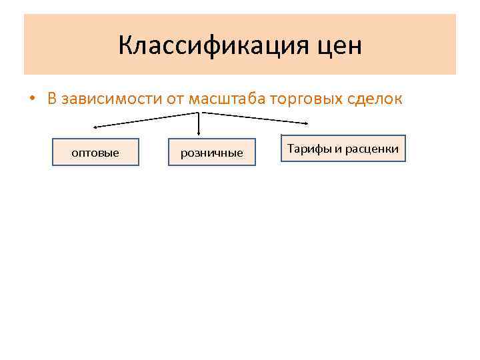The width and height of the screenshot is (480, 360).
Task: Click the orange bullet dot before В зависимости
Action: point(31,100)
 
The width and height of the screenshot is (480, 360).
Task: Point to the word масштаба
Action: point(228,99)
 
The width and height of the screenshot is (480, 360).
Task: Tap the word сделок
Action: point(375,99)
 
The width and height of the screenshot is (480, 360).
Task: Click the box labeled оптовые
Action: point(95,152)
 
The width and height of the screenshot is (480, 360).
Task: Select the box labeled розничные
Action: point(212,152)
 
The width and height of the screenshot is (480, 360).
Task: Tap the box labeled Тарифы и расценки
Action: point(343,149)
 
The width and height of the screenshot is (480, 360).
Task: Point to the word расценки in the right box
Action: point(372,149)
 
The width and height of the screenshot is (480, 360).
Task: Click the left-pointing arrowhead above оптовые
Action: point(95,126)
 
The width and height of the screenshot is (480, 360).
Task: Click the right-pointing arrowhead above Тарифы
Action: point(306,123)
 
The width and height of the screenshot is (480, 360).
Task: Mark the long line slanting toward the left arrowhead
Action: point(147,119)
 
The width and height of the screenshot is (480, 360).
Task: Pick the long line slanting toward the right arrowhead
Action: point(253,117)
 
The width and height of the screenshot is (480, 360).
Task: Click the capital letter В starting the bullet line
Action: point(52,99)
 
